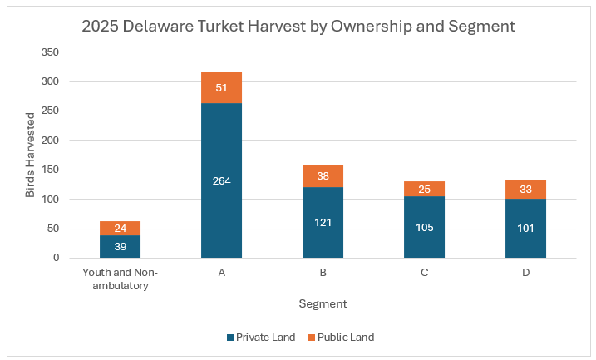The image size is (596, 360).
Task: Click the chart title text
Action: click(x=298, y=26)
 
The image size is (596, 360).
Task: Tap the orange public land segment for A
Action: click(x=221, y=87)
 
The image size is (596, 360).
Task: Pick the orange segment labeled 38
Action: click(x=323, y=175)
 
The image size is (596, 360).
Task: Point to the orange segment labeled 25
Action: click(x=424, y=189)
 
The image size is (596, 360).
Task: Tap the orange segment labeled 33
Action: click(x=525, y=190)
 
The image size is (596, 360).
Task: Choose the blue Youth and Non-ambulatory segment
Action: click(x=120, y=246)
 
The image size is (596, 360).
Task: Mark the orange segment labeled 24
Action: click(x=120, y=228)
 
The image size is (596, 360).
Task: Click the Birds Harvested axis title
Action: click(x=31, y=155)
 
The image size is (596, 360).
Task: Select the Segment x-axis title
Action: click(x=323, y=304)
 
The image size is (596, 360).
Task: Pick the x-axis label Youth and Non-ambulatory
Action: click(x=120, y=279)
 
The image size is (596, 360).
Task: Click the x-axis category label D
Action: click(x=525, y=273)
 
